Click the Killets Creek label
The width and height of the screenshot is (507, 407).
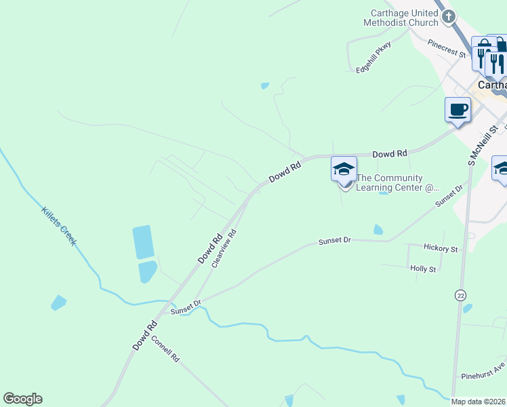click(58, 226)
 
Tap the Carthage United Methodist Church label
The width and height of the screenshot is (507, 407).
click(401, 18)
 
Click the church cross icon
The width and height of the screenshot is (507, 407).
click(448, 16)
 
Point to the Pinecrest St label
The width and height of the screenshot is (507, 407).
click(447, 48)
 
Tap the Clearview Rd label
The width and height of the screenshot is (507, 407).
click(223, 248)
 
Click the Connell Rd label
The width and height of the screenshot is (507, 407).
click(165, 349)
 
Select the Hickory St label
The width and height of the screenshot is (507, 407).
click(441, 249)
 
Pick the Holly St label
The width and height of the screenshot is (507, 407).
click(423, 269)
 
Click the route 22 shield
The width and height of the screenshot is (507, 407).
click(461, 295)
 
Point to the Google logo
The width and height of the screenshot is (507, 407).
click(22, 399)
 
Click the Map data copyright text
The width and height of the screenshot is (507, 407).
click(479, 402)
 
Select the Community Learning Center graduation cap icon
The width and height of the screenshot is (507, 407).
click(344, 169)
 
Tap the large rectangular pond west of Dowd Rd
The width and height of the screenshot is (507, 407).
click(144, 242)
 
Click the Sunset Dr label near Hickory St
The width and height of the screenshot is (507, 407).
click(336, 241)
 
